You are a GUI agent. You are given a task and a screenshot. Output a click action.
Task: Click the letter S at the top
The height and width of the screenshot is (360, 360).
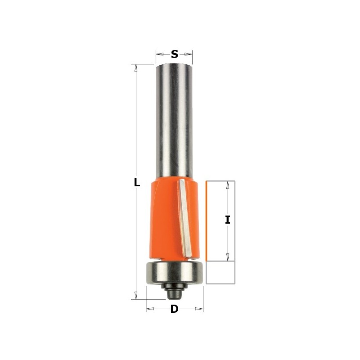174,54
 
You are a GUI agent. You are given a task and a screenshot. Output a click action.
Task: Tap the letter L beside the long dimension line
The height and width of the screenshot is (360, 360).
137,183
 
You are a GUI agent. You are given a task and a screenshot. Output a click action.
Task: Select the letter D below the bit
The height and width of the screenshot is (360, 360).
175,309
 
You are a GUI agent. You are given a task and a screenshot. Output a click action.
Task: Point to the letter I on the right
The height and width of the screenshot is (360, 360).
228,220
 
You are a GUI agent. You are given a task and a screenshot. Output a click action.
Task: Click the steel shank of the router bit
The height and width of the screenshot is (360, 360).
174,121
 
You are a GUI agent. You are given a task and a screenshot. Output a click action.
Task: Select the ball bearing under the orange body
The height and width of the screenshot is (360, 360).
174,272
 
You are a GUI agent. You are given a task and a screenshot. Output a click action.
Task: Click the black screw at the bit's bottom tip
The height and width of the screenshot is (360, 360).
174,292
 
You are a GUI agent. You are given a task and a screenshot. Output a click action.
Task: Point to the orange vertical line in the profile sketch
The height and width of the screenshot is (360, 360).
207,220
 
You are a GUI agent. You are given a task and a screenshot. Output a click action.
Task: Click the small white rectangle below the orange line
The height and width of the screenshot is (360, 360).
220,272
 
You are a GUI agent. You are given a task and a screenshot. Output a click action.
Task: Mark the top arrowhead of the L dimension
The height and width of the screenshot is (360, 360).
134,67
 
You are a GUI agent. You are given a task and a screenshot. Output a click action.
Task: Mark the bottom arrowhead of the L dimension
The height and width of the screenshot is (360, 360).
134,296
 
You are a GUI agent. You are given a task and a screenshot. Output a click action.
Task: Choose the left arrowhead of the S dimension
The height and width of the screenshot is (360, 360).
159,54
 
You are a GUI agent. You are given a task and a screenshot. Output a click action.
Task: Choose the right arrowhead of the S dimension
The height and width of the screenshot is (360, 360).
189,54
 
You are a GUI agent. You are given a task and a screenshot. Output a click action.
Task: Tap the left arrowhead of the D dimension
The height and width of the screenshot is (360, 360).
150,309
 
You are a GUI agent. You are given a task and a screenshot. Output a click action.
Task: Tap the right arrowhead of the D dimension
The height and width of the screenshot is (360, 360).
200,309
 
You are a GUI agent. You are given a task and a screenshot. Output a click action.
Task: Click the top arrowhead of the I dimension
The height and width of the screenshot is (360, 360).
228,184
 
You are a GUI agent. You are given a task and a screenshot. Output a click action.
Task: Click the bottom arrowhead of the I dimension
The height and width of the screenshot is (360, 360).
228,258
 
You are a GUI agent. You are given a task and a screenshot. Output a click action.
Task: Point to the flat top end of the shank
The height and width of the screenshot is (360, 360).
174,65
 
